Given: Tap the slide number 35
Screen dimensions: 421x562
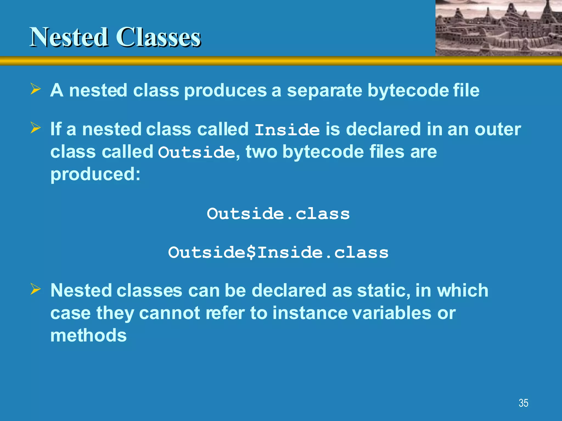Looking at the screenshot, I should tap(523, 403).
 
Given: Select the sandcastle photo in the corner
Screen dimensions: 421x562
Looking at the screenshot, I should tap(499, 28).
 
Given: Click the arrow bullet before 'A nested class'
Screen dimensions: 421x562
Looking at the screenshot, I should tap(36, 89).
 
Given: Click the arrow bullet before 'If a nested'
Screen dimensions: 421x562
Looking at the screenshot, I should tap(36, 128).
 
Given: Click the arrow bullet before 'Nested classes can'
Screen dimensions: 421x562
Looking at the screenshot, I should tap(36, 289).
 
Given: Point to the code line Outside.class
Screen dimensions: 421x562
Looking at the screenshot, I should tap(278, 214).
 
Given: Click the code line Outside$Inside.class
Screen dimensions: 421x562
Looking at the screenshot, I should tap(278, 252).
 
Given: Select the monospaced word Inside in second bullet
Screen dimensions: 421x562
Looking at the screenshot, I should tap(287, 130).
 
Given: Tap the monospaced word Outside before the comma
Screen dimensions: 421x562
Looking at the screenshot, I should tap(196, 152).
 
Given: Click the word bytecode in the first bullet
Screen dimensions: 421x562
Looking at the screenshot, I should tap(408, 91).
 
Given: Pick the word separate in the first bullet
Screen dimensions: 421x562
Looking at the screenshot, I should tap(324, 91).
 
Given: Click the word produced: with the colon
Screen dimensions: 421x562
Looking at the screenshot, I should tap(95, 175).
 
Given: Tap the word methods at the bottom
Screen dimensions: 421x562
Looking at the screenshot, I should tap(88, 335).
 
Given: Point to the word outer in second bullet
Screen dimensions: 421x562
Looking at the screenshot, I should tap(498, 129).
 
